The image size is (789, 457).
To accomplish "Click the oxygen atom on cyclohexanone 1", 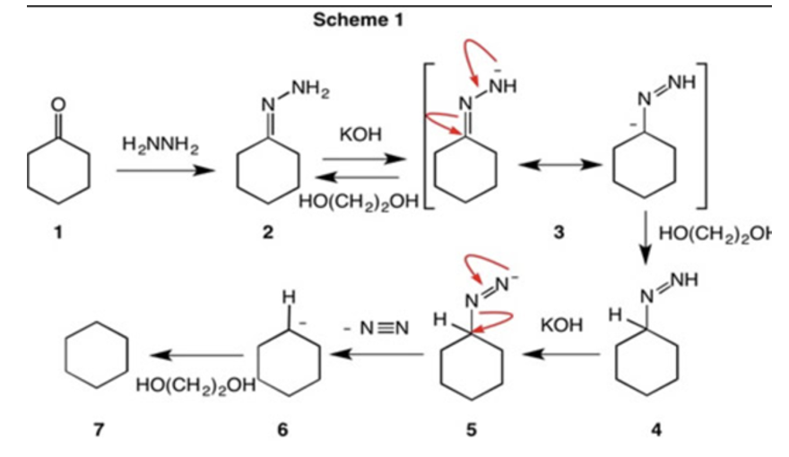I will pyautogui.click(x=58, y=104).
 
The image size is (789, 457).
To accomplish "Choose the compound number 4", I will pyautogui.click(x=656, y=430).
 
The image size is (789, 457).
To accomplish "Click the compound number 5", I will pyautogui.click(x=472, y=430).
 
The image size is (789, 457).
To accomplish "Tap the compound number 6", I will pyautogui.click(x=283, y=430).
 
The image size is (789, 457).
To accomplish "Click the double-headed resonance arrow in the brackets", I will pyautogui.click(x=556, y=167).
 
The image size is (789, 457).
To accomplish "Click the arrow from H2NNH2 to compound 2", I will pyautogui.click(x=160, y=168).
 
